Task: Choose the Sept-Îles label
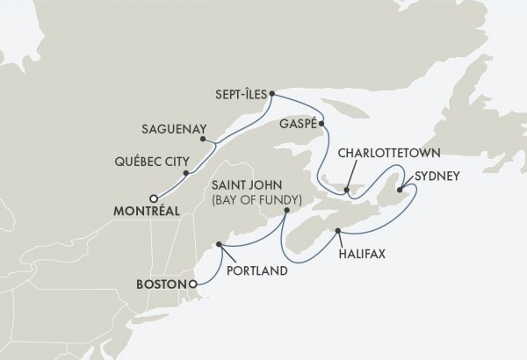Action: click(241, 92)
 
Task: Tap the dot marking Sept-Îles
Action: click(273, 92)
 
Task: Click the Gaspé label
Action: click(290, 124)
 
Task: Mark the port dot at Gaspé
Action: click(321, 124)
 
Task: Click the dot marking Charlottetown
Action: click(349, 188)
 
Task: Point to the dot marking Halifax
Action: click(337, 232)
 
